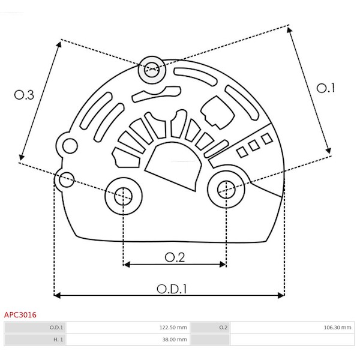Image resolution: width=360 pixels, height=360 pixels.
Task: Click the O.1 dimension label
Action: (x=325, y=88)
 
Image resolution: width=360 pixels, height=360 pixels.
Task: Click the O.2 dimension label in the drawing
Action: (x=175, y=257)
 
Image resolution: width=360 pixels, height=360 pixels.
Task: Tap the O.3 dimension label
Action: (x=24, y=95)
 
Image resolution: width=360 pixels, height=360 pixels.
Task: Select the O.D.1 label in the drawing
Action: (x=172, y=289)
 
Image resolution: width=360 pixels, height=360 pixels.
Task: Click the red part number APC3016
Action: (x=20, y=314)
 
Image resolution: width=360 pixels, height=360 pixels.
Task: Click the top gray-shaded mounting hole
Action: (x=152, y=70)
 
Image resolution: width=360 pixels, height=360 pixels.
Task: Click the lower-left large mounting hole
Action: (x=123, y=196)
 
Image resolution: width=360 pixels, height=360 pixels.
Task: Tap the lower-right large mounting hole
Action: (x=226, y=190)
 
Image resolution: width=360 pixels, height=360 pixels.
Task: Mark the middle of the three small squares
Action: (x=254, y=146)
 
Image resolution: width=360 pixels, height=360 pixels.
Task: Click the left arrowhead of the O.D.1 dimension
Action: (x=57, y=295)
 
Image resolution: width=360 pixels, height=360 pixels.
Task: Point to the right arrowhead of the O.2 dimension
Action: (x=223, y=265)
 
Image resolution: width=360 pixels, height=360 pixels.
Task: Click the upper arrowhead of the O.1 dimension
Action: (x=289, y=30)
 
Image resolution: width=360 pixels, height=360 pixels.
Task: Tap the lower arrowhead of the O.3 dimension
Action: (x=22, y=157)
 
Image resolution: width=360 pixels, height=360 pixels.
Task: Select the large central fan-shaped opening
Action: (x=174, y=166)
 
